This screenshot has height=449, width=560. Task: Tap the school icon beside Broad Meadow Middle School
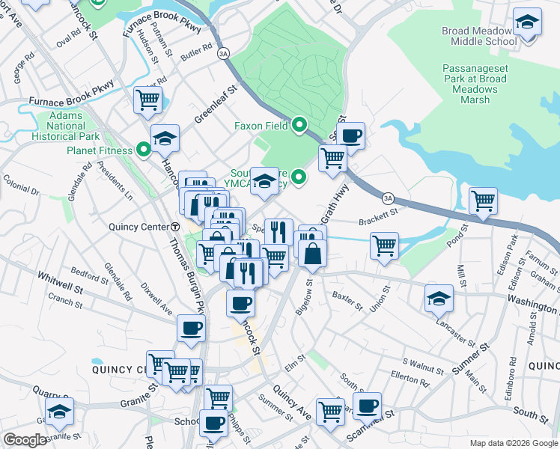click(528, 23)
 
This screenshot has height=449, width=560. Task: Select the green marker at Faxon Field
click(299, 126)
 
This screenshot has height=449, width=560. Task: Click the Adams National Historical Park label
click(66, 126)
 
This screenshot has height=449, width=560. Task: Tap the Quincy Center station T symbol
click(174, 227)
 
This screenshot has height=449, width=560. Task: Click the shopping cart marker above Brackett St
click(484, 201)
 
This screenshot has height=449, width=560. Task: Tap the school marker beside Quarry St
click(59, 412)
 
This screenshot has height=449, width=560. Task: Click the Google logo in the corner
click(24, 440)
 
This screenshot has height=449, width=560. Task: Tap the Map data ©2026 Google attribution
click(514, 443)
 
